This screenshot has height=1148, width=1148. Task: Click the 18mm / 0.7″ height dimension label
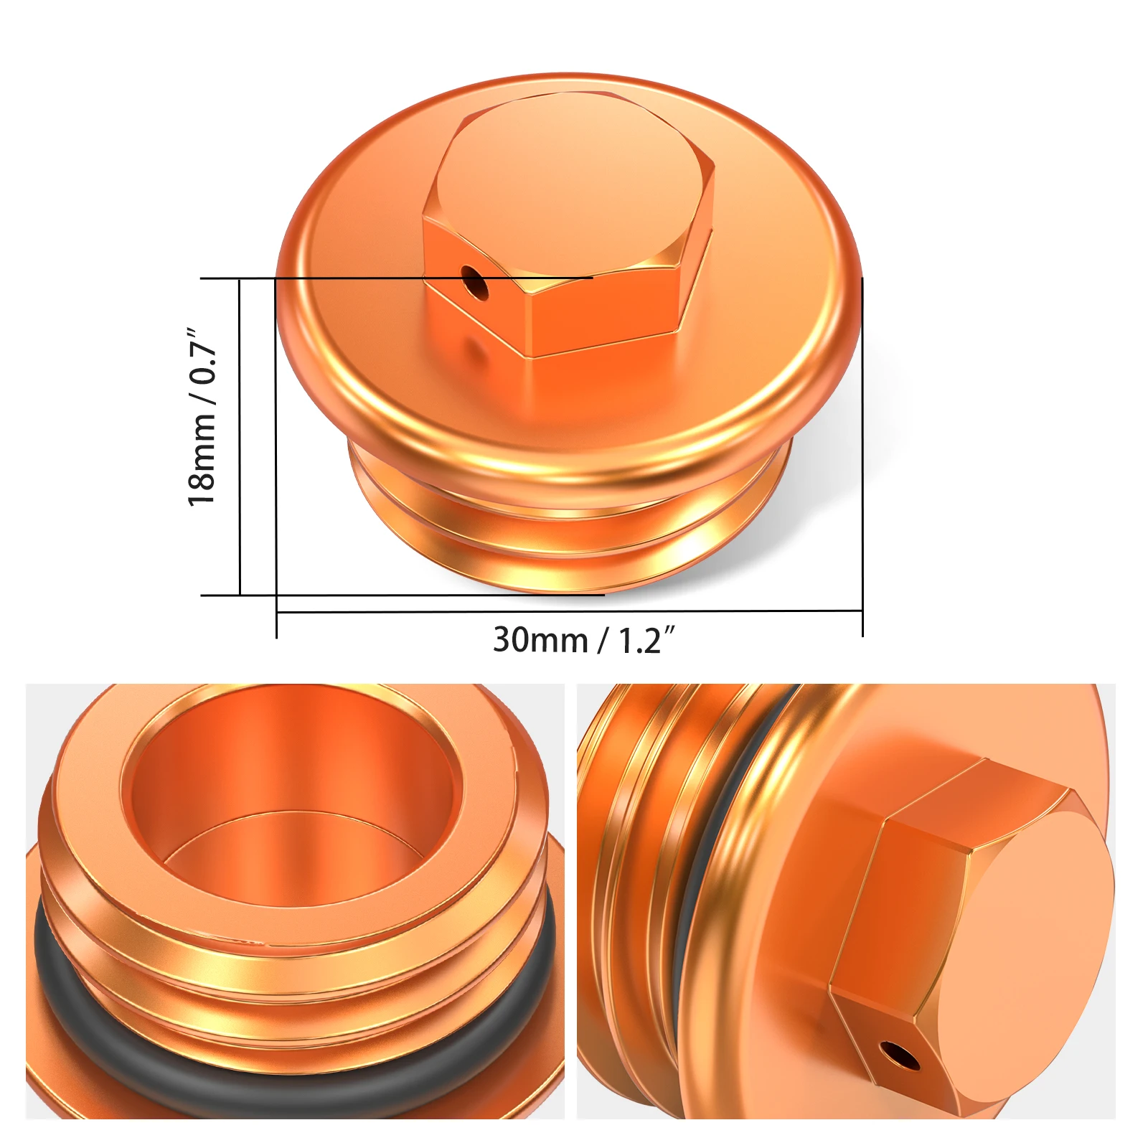click(x=202, y=417)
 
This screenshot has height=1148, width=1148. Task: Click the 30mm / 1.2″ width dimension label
click(x=583, y=640)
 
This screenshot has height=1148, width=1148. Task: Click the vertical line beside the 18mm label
click(x=239, y=438)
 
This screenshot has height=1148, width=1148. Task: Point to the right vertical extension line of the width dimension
click(x=862, y=459)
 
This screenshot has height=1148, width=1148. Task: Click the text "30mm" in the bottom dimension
click(x=540, y=640)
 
